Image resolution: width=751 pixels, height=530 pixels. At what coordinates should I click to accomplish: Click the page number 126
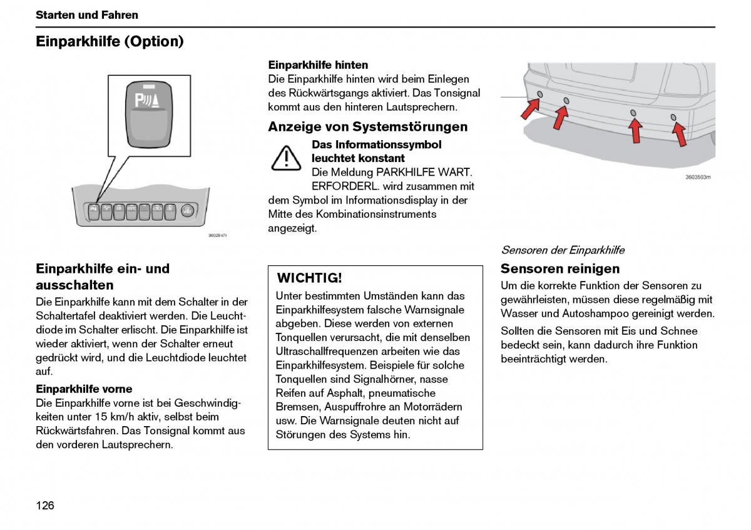45,505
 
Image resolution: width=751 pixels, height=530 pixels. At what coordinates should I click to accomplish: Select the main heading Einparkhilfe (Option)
110,42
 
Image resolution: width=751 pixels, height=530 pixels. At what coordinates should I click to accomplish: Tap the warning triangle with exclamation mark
286,158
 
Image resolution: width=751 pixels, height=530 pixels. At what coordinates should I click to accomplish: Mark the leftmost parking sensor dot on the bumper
539,94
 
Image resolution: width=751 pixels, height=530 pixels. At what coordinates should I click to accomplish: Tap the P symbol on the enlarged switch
141,100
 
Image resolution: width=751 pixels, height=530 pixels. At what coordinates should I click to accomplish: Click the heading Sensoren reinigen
560,269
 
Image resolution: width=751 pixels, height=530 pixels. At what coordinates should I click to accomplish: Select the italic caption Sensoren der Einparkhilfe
562,250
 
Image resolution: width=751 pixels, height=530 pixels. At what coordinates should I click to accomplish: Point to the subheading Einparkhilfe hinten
318,65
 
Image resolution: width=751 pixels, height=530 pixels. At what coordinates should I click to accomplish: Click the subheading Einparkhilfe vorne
84,389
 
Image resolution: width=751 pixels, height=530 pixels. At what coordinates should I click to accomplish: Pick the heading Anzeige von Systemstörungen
367,127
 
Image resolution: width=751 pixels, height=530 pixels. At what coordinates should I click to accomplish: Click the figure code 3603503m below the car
698,177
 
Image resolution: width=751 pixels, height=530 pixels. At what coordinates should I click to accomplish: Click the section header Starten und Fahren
87,15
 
